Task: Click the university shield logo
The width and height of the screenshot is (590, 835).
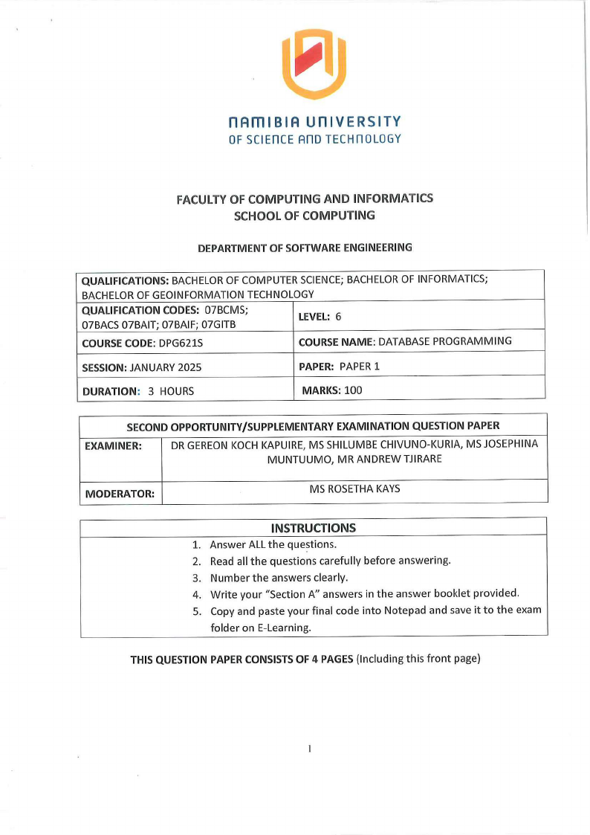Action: pos(314,64)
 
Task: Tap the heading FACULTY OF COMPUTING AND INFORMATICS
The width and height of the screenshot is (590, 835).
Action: pos(305,199)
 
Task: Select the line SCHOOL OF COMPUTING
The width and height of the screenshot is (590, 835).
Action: pos(305,216)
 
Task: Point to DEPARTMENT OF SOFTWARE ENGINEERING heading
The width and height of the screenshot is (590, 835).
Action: pos(304,248)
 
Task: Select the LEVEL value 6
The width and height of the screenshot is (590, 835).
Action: pos(338,316)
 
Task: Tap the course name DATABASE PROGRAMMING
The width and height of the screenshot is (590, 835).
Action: pos(444,341)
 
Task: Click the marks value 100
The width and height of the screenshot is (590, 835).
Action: pos(353,390)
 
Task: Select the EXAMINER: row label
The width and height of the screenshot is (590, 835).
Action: pos(113,446)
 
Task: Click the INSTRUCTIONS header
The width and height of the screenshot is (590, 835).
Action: pos(313,528)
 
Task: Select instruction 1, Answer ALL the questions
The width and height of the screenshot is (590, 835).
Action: pos(273,544)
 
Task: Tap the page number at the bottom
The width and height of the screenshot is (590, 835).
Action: pos(308,748)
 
